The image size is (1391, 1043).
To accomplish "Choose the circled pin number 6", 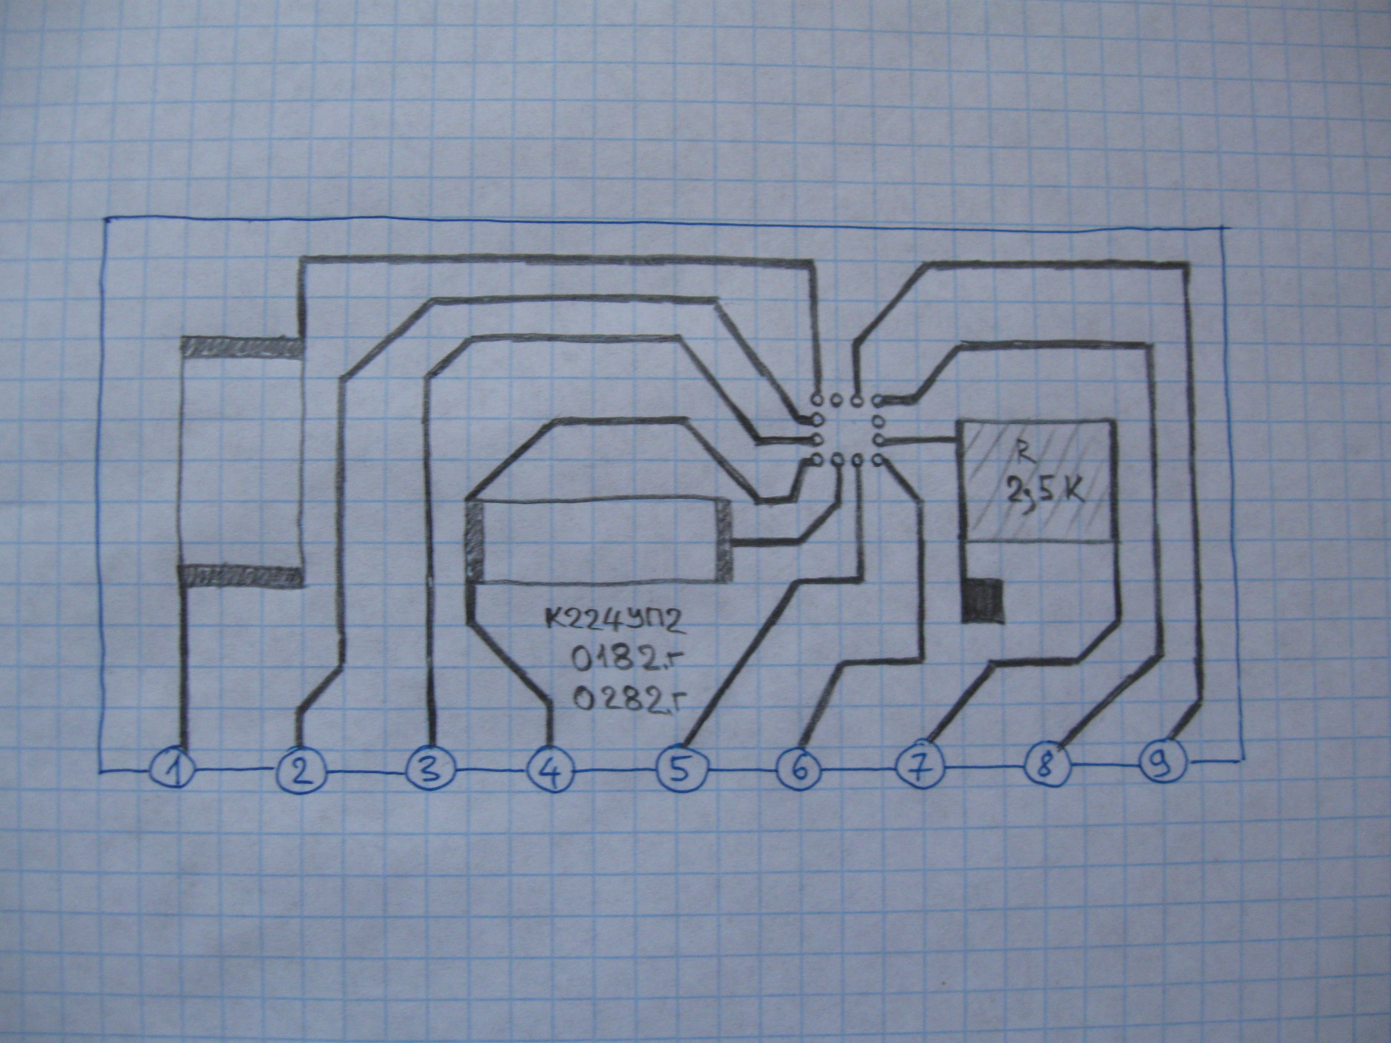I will pos(800,769).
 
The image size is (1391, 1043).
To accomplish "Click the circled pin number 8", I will pos(1046,766).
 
